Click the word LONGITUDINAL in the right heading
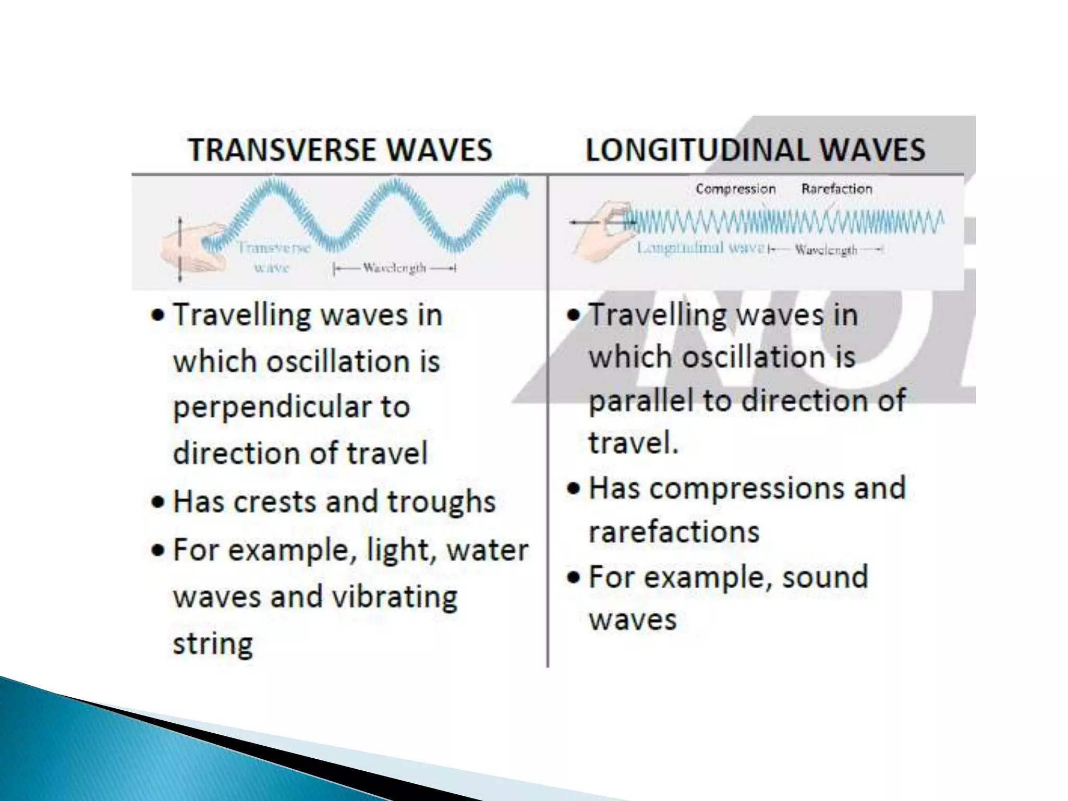coord(698,150)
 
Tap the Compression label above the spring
coord(735,189)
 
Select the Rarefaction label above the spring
coord(836,189)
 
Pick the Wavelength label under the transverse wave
coord(394,268)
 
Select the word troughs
coord(441,502)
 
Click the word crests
coord(274,502)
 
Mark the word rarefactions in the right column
coord(674,532)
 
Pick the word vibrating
coord(395,597)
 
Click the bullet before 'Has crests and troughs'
coord(157,502)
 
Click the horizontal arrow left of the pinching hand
coord(584,223)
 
